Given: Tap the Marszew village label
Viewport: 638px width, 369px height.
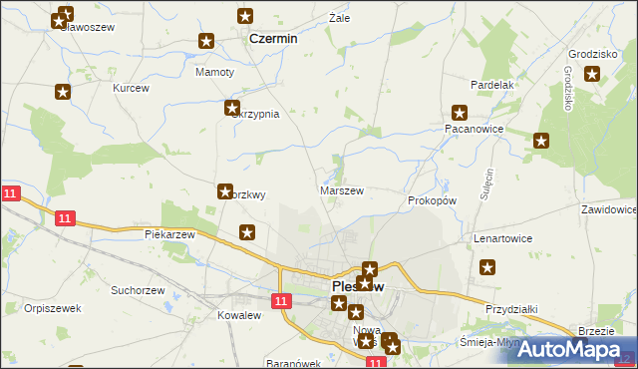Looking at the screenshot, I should pos(341,190).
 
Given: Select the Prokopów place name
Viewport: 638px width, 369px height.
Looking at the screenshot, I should pos(432,200).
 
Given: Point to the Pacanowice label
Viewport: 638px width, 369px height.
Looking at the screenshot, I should pos(473,130).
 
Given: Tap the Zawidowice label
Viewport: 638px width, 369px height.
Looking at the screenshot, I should pos(608,210).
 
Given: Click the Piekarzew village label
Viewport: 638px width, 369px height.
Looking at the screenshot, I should pos(168,234).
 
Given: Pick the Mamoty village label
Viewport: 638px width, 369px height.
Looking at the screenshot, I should pos(215,73).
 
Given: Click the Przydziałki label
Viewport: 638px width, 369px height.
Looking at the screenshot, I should pos(511,309).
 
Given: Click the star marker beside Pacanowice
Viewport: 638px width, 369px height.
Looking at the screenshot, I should pos(460,113).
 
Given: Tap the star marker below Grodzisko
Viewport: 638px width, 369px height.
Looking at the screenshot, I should pos(592,73).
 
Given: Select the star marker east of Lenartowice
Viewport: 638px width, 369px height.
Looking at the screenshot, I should pos(487,266).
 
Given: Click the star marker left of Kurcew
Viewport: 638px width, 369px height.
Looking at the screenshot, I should pos(63,93).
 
